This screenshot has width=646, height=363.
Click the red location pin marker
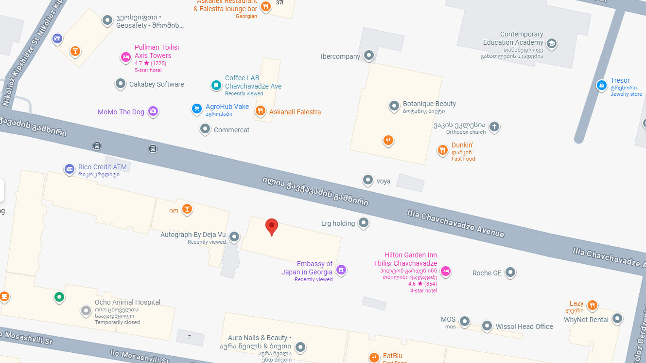pyautogui.click(x=272, y=226)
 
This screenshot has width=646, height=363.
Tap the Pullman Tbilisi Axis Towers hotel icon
pyautogui.click(x=126, y=57)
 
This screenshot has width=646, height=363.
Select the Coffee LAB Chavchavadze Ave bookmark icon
pyautogui.click(x=216, y=85)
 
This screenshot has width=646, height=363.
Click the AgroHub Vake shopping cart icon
pyautogui.click(x=196, y=109)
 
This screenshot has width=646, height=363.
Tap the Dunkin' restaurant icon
pyautogui.click(x=442, y=150)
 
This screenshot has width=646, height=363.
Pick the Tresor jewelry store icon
pyautogui.click(x=602, y=86)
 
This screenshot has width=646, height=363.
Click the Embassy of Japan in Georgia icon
pyautogui.click(x=341, y=270)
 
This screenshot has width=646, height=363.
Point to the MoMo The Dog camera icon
pyautogui.click(x=153, y=111)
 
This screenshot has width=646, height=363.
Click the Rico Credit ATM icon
pyautogui.click(x=70, y=169)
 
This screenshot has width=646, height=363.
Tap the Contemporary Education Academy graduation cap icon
pyautogui.click(x=551, y=43)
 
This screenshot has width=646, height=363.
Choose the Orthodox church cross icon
pyautogui.click(x=494, y=127)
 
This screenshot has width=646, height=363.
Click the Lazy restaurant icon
pyautogui.click(x=592, y=305)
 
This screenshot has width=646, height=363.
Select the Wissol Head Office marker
pyautogui.click(x=487, y=326)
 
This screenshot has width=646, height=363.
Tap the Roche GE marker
pyautogui.click(x=510, y=272)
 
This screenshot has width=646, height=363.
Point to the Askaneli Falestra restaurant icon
pyautogui.click(x=261, y=111)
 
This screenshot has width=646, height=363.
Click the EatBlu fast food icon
pyautogui.click(x=374, y=357)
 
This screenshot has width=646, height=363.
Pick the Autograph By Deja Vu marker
pyautogui.click(x=234, y=236)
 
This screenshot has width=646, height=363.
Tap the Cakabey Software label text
pyautogui.click(x=157, y=84)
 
